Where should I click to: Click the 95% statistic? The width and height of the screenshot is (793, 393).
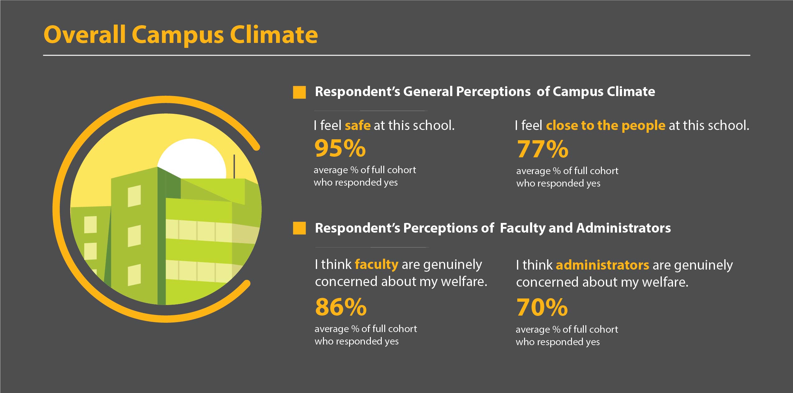pyautogui.click(x=340, y=148)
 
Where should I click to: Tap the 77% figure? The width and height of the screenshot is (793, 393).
pyautogui.click(x=543, y=149)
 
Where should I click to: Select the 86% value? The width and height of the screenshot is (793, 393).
pyautogui.click(x=341, y=307)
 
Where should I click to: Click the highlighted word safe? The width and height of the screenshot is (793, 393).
pyautogui.click(x=357, y=125)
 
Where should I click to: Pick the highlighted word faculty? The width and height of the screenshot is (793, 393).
pyautogui.click(x=376, y=265)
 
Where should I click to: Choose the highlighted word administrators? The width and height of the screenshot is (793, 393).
pyautogui.click(x=602, y=265)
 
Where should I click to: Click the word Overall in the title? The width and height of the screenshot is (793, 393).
pyautogui.click(x=85, y=35)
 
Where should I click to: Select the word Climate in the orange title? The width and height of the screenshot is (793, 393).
pyautogui.click(x=274, y=35)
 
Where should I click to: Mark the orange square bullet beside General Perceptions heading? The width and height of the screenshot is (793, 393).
pyautogui.click(x=299, y=92)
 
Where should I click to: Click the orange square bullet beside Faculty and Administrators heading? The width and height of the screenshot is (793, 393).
pyautogui.click(x=299, y=228)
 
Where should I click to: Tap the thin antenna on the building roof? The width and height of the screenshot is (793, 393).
pyautogui.click(x=234, y=167)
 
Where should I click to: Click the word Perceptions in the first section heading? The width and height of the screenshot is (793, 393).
pyautogui.click(x=493, y=92)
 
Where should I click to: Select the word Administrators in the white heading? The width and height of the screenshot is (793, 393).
pyautogui.click(x=624, y=228)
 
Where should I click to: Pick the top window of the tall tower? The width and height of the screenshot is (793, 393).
pyautogui.click(x=134, y=196)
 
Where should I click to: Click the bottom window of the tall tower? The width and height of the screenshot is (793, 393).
pyautogui.click(x=134, y=275)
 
